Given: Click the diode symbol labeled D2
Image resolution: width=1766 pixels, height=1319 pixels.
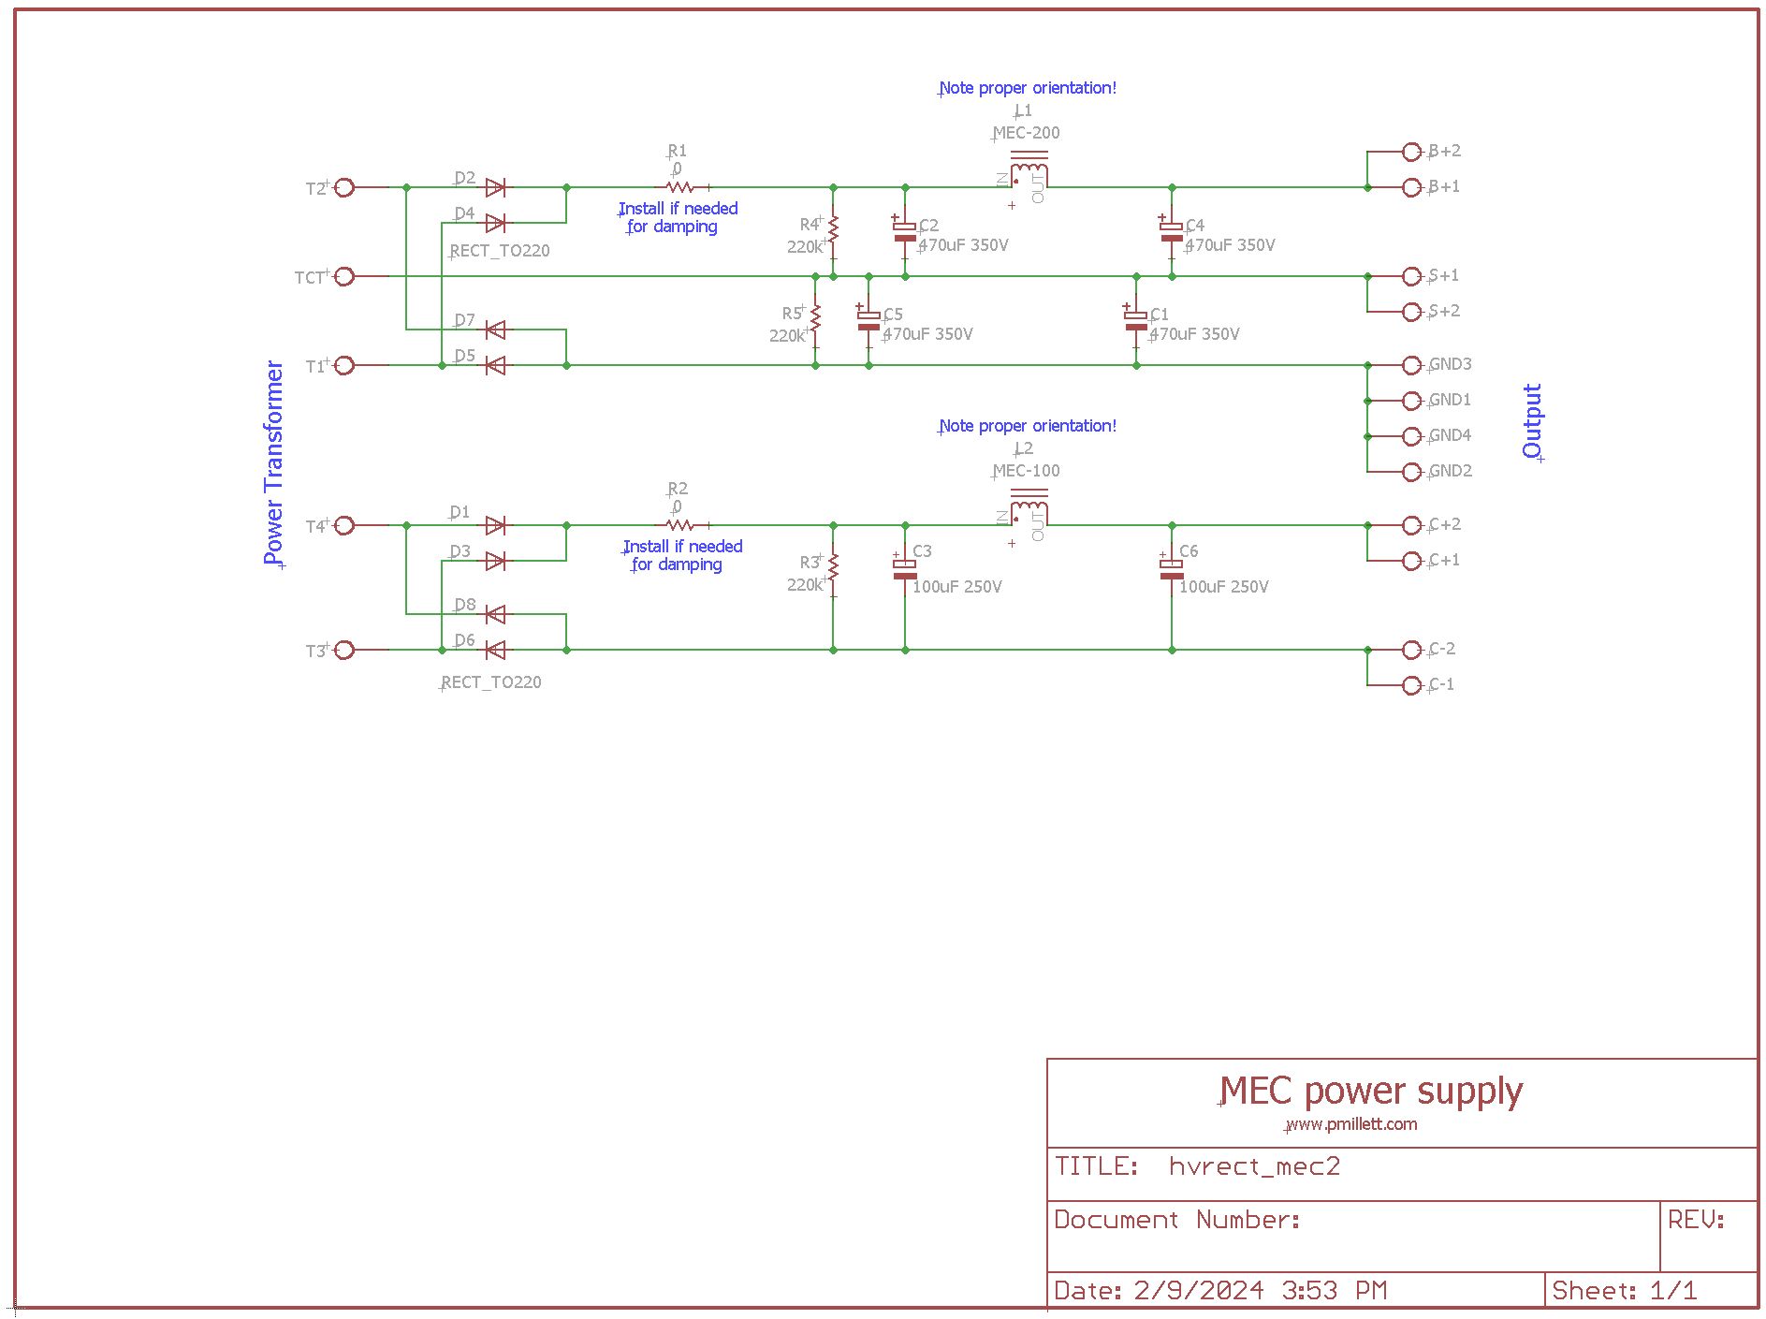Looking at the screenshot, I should (496, 188).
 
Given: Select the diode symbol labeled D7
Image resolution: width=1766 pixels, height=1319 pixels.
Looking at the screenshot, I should (496, 330).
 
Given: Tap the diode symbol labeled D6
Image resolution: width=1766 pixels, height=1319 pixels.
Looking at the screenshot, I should (496, 650).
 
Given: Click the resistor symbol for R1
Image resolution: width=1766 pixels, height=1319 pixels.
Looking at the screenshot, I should (680, 188).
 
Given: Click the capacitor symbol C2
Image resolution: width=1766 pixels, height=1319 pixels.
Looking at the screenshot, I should (905, 231).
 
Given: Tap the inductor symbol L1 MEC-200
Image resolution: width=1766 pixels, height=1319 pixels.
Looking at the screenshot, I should (1029, 173).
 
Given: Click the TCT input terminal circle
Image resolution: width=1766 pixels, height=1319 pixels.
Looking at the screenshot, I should (344, 276).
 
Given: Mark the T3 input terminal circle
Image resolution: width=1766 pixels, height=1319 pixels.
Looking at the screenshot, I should (344, 650).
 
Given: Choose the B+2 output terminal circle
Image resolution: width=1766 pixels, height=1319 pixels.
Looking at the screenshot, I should (1412, 152).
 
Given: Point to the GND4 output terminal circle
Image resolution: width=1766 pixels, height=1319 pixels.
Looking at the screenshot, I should (1412, 436).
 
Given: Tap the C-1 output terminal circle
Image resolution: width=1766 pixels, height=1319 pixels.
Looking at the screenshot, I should (1412, 685).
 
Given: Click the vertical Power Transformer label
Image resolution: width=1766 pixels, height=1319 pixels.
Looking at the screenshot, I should (273, 462).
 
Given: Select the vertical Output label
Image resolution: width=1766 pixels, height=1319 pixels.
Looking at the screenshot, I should (1532, 420).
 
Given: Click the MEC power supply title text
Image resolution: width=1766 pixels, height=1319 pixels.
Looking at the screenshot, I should (1372, 1092).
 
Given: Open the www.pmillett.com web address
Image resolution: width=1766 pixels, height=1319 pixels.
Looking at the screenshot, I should (1352, 1124).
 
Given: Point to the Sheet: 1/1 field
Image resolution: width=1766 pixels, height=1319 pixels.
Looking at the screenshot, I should (1624, 1291).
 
